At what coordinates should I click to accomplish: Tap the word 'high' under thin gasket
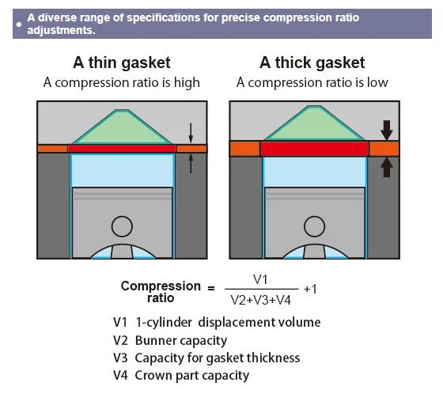pos(185,82)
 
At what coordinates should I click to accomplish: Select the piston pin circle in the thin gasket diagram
pos(122,226)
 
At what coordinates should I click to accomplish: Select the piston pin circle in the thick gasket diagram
pos(314,227)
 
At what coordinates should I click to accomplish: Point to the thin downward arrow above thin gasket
pos(190,131)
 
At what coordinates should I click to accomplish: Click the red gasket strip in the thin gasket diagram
pos(122,149)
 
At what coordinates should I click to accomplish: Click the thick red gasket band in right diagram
pos(314,149)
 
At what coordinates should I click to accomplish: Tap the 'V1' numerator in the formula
pos(261,280)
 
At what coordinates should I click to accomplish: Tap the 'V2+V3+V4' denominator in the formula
pos(261,299)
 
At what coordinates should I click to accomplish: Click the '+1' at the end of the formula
pos(309,290)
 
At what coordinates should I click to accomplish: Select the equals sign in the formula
pos(210,290)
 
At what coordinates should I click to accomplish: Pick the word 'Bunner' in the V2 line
pos(160,341)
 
